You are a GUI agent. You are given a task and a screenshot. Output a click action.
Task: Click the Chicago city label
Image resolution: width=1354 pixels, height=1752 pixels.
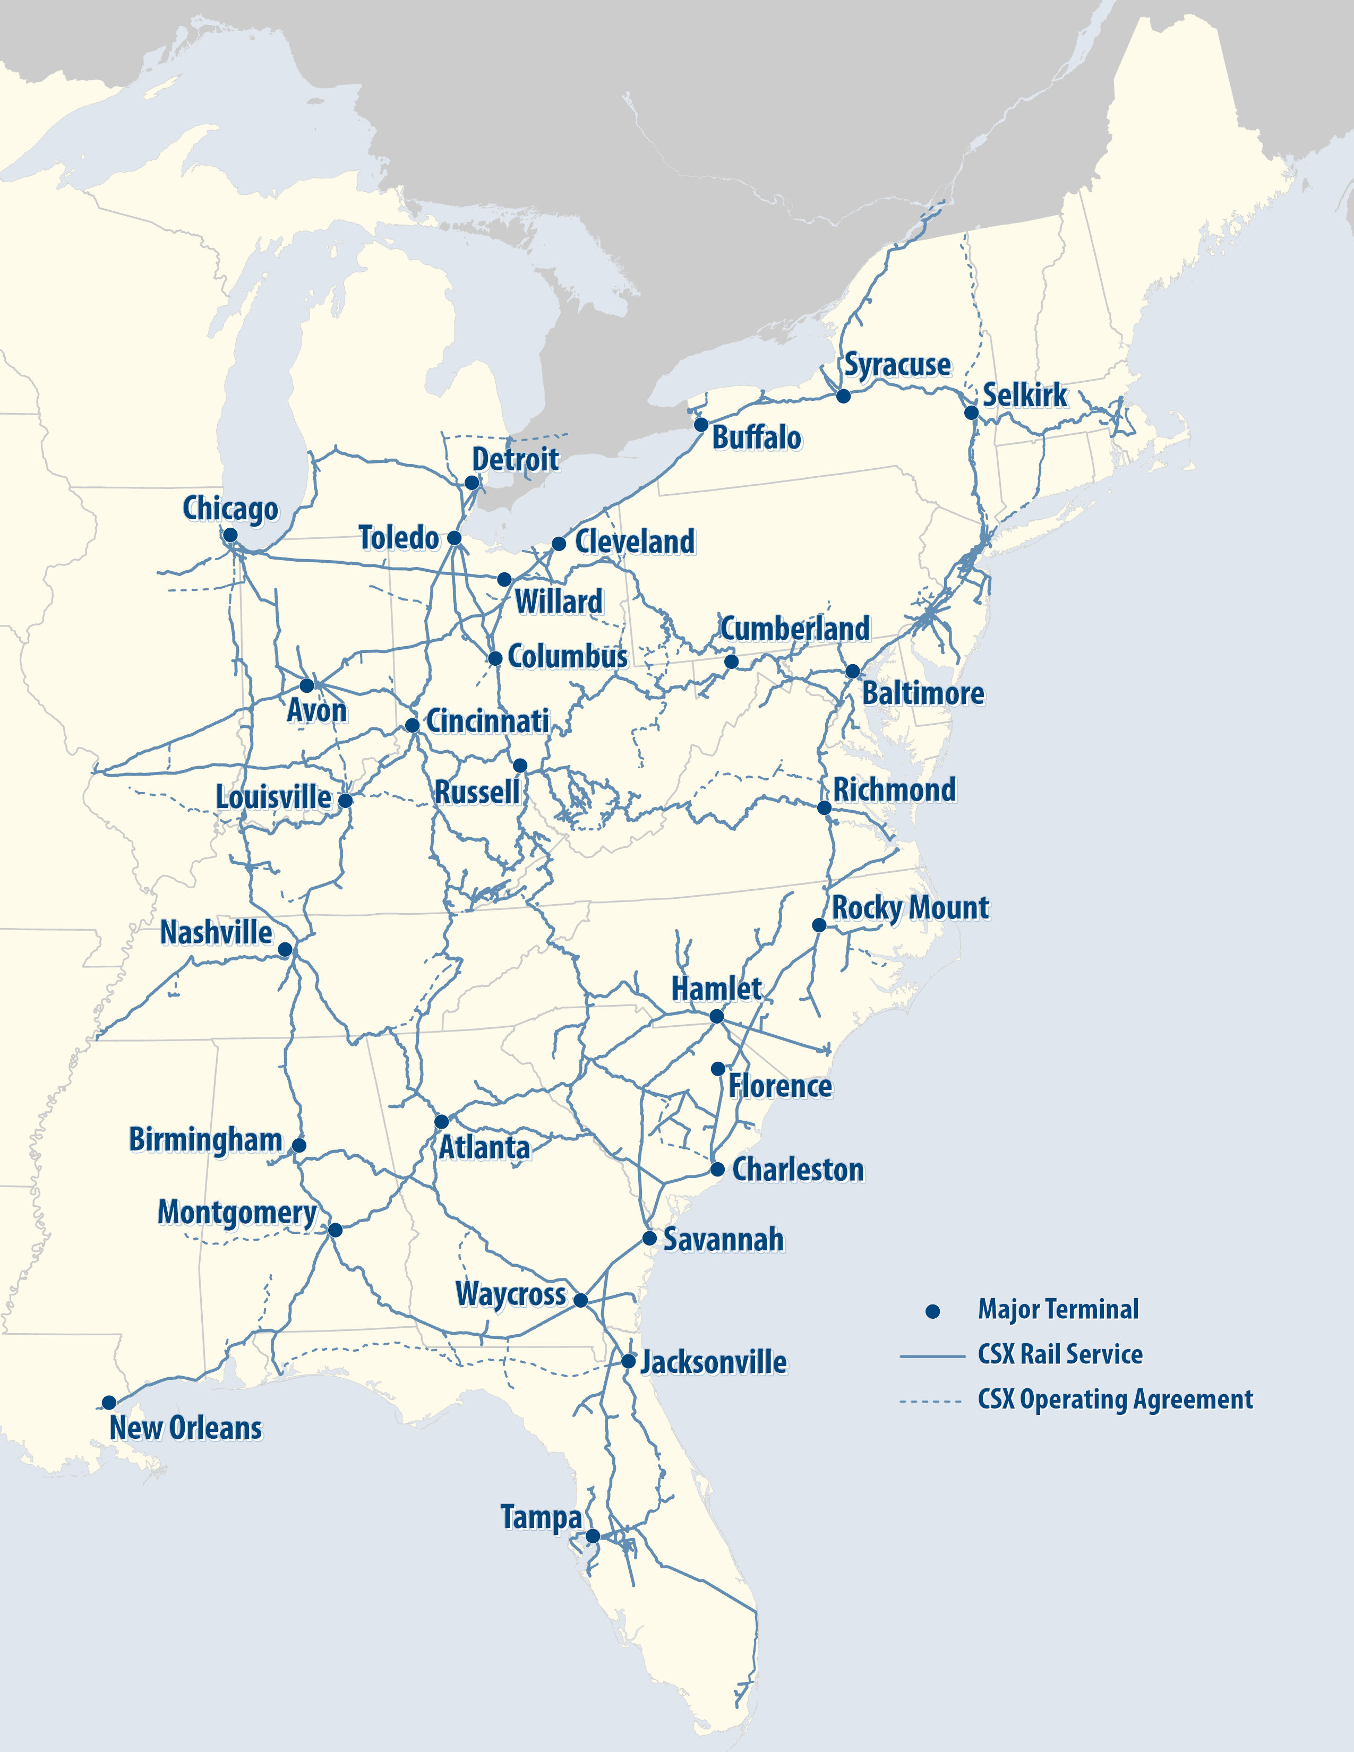[x=230, y=509]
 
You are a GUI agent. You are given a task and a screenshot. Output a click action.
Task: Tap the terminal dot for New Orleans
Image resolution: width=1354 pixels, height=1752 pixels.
[x=109, y=1402]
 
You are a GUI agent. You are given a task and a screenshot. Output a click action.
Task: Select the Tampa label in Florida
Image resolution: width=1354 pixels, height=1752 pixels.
[x=542, y=1517]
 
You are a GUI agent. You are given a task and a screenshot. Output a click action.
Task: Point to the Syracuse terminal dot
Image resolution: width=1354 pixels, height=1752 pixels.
[x=843, y=396]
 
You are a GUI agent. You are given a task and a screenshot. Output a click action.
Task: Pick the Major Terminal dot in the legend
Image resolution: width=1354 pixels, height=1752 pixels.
[x=932, y=1311]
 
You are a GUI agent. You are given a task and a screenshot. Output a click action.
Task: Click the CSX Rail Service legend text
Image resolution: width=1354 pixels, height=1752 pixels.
[x=1060, y=1355]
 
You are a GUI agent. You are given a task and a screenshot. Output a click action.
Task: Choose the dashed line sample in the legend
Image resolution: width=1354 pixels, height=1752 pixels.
[x=930, y=1402]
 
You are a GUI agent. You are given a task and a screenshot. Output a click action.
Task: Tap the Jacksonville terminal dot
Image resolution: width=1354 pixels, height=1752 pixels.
[x=629, y=1361]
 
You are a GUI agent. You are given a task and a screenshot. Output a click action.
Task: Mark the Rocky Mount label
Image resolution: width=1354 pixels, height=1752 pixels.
[x=910, y=908]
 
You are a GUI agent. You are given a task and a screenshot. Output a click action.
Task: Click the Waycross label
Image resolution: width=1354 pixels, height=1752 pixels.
[x=510, y=1294]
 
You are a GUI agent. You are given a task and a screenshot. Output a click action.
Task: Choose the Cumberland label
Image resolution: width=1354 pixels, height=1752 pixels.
[x=794, y=628]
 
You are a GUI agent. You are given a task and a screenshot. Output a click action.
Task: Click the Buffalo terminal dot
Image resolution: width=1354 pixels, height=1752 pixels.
[x=701, y=424]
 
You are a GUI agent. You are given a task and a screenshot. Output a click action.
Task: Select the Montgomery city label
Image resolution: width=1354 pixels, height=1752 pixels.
[x=237, y=1212]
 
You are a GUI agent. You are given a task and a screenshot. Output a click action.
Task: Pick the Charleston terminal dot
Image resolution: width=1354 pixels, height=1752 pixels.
[x=718, y=1170]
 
